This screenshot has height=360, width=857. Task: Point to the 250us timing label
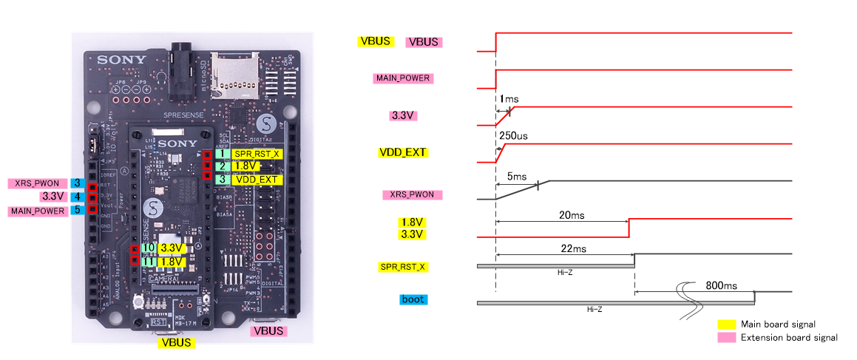513,136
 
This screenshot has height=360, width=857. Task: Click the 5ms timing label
517,177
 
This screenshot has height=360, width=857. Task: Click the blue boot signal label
413,299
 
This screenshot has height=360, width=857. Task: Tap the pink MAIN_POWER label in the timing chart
404,78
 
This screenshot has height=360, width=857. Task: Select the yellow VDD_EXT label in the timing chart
402,153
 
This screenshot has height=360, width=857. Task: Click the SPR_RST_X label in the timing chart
403,265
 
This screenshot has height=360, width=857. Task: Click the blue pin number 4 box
78,197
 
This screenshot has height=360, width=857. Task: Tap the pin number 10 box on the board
149,248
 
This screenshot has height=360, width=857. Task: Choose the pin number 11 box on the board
149,261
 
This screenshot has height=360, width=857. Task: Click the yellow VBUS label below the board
176,342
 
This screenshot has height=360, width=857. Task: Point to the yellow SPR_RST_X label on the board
257,154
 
